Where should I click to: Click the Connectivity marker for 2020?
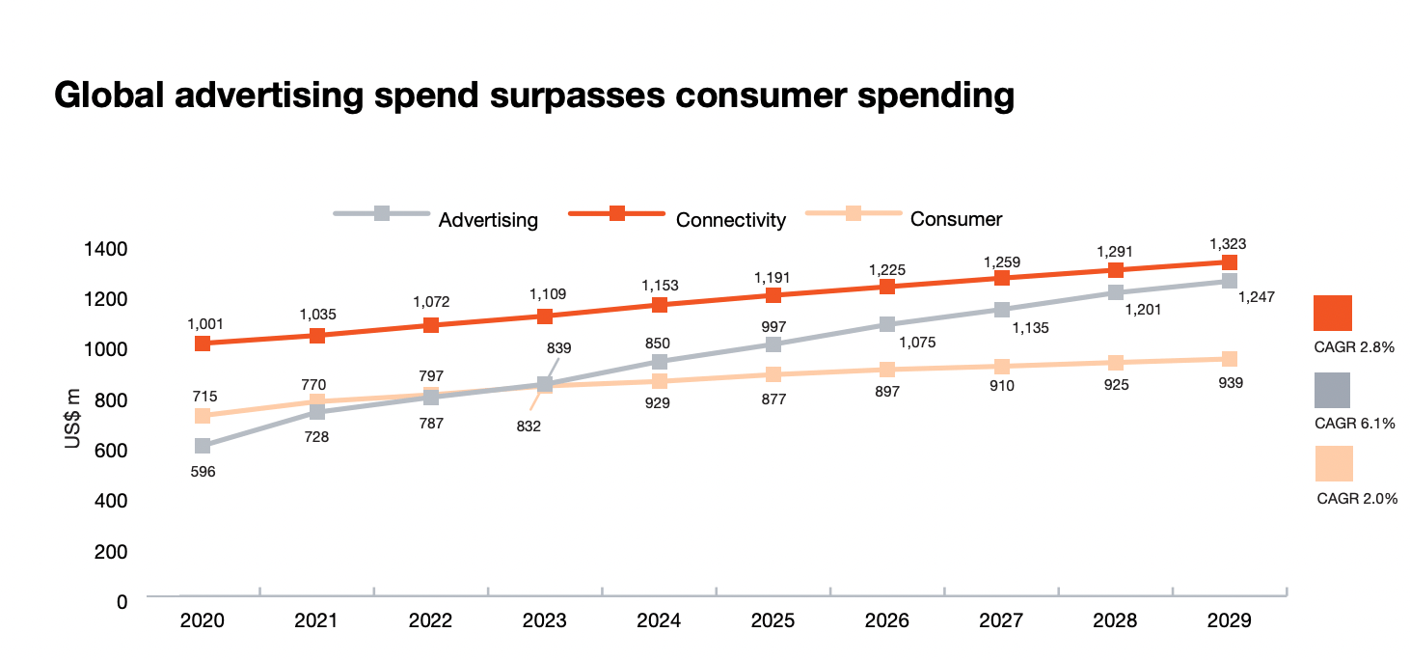pyautogui.click(x=203, y=344)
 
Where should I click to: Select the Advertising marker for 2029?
pyautogui.click(x=1229, y=281)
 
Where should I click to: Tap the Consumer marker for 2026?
pyautogui.click(x=886, y=370)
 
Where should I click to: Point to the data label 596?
pyautogui.click(x=203, y=472)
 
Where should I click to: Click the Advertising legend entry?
pyautogui.click(x=436, y=219)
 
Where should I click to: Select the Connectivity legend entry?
pyautogui.click(x=678, y=219)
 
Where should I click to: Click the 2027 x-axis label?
pyautogui.click(x=1000, y=620)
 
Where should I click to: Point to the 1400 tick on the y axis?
pyautogui.click(x=106, y=249)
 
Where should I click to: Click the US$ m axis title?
pyautogui.click(x=73, y=419)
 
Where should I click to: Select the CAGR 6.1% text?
pyautogui.click(x=1355, y=423)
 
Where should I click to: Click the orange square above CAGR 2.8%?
pyautogui.click(x=1332, y=313)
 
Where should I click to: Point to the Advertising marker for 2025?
pyautogui.click(x=773, y=344)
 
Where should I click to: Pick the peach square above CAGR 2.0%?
pyautogui.click(x=1333, y=463)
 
